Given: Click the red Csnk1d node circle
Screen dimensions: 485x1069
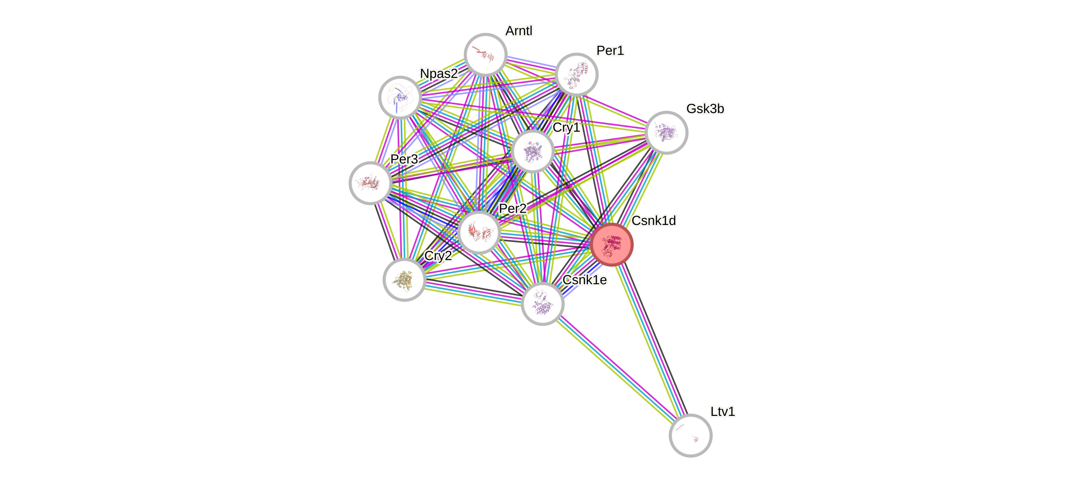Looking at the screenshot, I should click(612, 245).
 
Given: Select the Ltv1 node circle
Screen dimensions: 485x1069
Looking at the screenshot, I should click(690, 435).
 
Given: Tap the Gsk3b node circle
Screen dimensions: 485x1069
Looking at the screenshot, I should click(666, 132).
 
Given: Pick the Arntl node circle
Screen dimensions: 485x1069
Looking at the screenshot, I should click(485, 54).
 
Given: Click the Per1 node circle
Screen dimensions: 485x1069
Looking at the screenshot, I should click(576, 74).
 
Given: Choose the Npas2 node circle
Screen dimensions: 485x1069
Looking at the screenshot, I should click(400, 97).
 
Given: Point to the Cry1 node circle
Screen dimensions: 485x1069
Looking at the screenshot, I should click(533, 151).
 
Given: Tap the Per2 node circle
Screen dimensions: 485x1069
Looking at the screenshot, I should click(479, 232).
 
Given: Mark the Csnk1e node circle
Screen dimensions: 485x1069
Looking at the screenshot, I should click(542, 304).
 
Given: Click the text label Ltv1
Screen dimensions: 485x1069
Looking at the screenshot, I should click(723, 412).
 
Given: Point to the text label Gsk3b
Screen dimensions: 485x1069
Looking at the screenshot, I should click(705, 109).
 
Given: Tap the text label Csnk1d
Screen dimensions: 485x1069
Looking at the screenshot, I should click(654, 221).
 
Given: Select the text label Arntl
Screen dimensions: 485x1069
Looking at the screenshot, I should click(519, 31).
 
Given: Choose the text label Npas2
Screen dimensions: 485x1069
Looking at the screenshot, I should click(439, 73).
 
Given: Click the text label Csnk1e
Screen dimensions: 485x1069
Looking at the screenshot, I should click(585, 280).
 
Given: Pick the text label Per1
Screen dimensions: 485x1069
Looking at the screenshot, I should click(610, 51).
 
